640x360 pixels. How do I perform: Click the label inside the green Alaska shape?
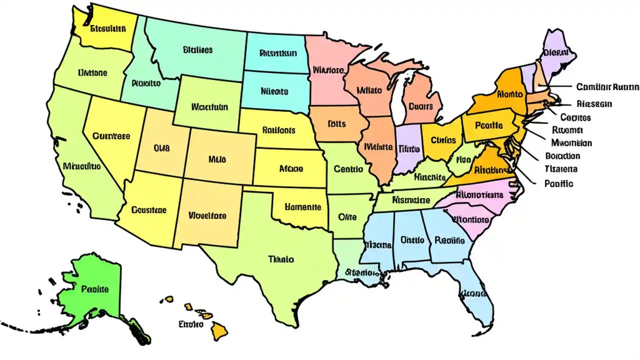(94, 289)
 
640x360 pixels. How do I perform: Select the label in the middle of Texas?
(281, 259)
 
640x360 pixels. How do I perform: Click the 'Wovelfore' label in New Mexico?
(207, 216)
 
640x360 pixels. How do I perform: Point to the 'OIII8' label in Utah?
(161, 148)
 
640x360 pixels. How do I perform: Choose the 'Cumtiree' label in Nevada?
(111, 135)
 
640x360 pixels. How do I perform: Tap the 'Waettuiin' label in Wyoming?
(209, 107)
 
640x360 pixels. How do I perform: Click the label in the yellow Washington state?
(107, 28)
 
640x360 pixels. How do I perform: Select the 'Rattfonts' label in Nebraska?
(278, 130)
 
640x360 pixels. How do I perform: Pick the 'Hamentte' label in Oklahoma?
(303, 206)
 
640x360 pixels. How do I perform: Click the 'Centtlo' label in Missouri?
(348, 169)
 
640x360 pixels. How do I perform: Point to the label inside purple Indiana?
(408, 148)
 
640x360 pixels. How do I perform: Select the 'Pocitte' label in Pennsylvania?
(488, 125)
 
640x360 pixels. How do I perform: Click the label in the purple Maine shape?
(556, 51)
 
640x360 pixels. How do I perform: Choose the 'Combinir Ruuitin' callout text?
(607, 87)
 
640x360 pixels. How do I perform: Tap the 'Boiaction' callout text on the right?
(562, 155)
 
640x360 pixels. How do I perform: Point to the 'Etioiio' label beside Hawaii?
(190, 324)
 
